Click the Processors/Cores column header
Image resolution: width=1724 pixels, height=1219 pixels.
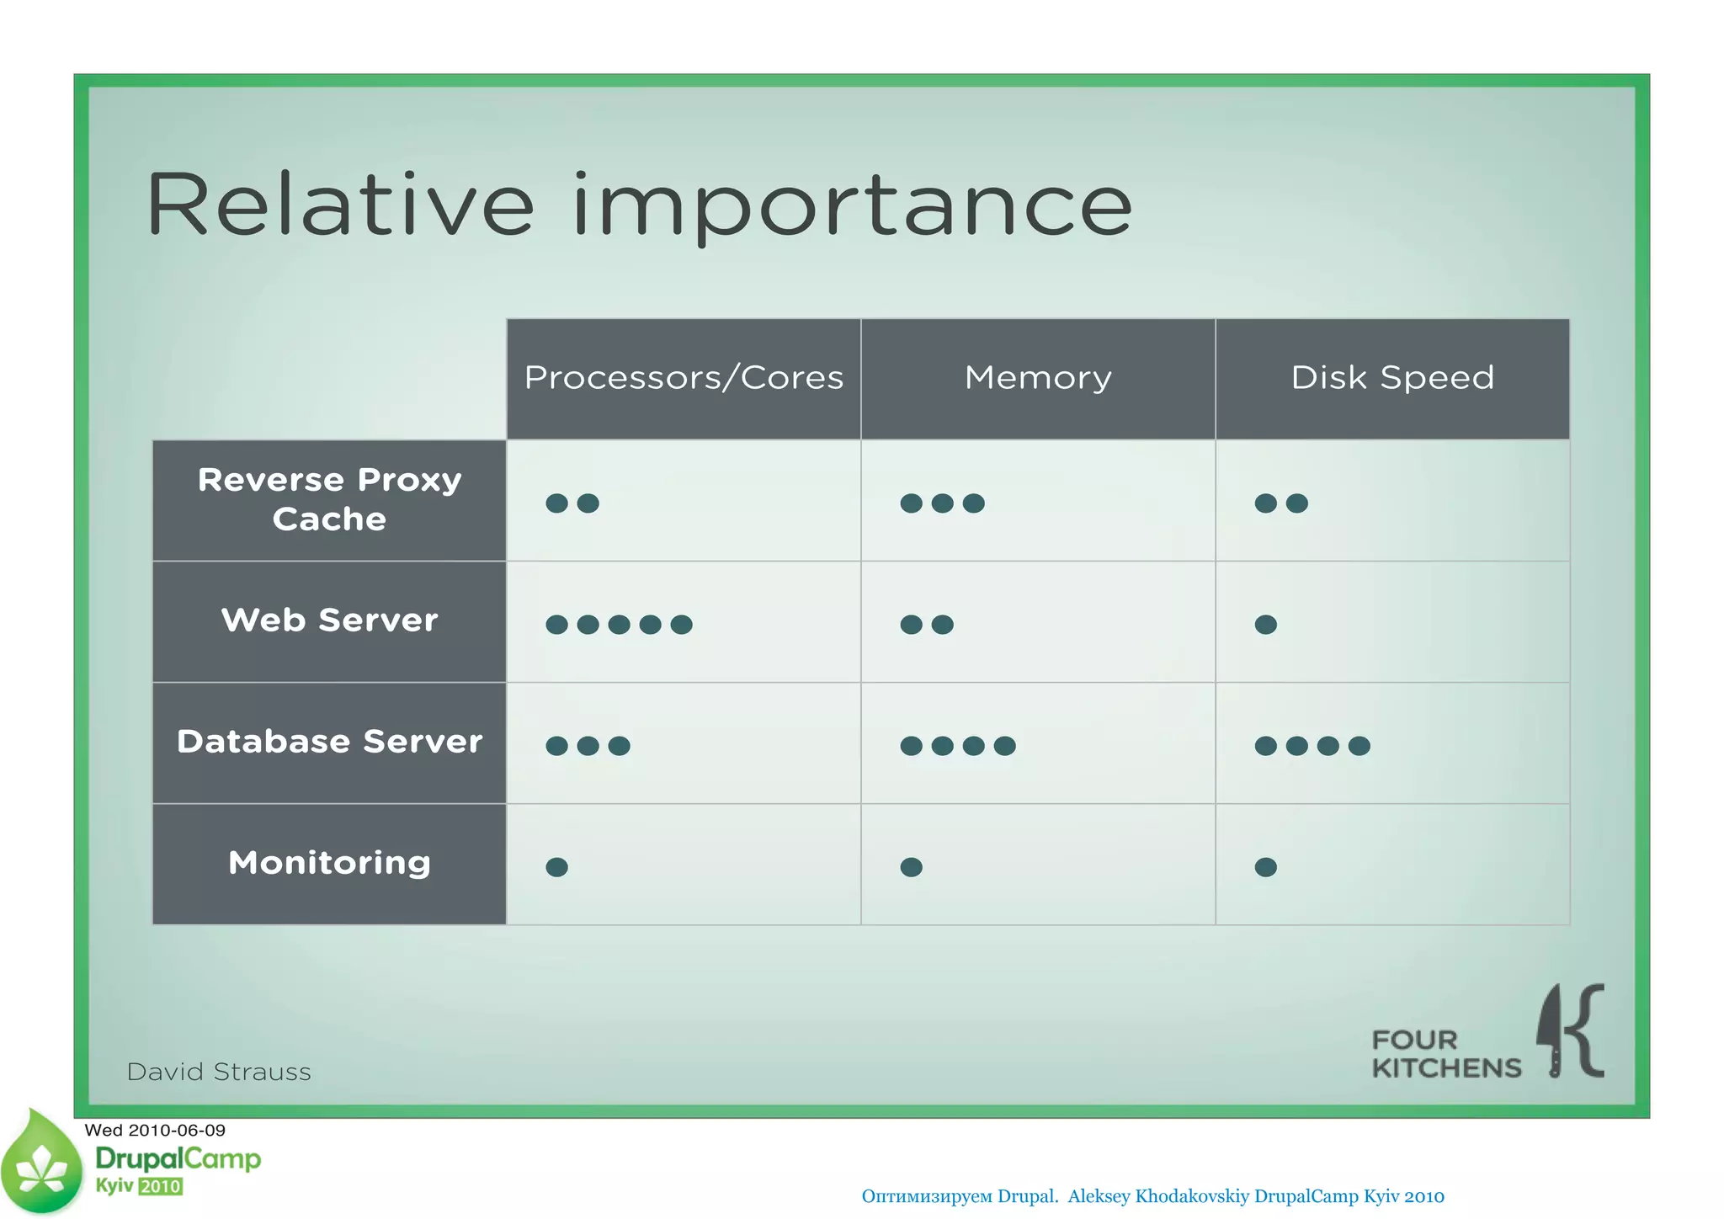coord(684,378)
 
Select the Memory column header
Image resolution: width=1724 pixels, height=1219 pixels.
coord(1038,378)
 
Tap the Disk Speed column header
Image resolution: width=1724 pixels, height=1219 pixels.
coord(1392,378)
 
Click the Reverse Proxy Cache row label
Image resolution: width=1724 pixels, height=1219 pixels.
coord(329,499)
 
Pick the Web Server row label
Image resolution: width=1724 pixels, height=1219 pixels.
coord(329,620)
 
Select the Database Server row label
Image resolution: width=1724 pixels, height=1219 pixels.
coord(329,742)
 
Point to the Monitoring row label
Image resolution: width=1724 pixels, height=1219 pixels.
coord(329,863)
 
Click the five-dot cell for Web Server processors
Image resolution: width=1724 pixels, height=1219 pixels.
coord(620,625)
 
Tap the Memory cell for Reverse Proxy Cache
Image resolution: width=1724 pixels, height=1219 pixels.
coord(942,503)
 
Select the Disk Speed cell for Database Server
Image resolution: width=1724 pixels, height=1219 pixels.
coord(1312,746)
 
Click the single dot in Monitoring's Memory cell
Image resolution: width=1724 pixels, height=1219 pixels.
coord(911,867)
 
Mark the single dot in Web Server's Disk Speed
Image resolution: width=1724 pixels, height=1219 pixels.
coord(1265,625)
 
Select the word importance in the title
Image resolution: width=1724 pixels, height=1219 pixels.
coord(852,206)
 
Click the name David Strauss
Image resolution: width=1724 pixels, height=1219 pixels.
coord(219,1072)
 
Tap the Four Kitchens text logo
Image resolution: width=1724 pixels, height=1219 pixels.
coord(1445,1054)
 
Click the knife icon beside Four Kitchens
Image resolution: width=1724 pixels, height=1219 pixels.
coord(1551,1030)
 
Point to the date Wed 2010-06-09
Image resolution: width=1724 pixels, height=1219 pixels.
coord(155,1130)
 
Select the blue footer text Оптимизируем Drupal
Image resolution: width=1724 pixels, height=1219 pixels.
coord(960,1196)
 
